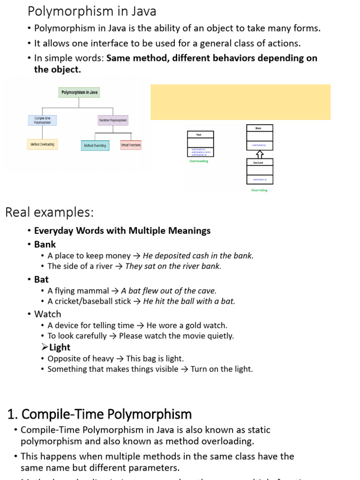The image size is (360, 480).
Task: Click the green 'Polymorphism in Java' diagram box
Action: coord(80,92)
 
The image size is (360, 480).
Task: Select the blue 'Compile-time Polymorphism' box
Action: coord(42,120)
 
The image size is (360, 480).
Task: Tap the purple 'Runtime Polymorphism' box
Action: coord(113,120)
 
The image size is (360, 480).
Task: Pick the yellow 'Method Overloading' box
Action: coord(42,144)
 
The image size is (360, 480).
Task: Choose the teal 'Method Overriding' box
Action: coord(95,145)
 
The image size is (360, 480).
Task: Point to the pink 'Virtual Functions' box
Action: coord(131,145)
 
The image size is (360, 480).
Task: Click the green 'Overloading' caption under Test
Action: coord(199,161)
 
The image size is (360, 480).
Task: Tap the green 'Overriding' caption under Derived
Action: coord(259,190)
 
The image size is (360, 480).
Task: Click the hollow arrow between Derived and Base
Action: coord(260,154)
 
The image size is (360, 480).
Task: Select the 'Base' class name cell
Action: coord(260,128)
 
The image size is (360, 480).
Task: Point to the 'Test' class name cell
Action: coord(201,135)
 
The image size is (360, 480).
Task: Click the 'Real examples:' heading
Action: coord(50,212)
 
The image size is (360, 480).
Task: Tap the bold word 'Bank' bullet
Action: coord(45,244)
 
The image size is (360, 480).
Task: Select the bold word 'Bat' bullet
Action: coord(41,279)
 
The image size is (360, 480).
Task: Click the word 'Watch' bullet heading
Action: coord(47,314)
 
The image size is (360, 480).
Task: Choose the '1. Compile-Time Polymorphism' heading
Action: coord(100,414)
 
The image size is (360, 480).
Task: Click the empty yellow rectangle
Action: coord(240,102)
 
